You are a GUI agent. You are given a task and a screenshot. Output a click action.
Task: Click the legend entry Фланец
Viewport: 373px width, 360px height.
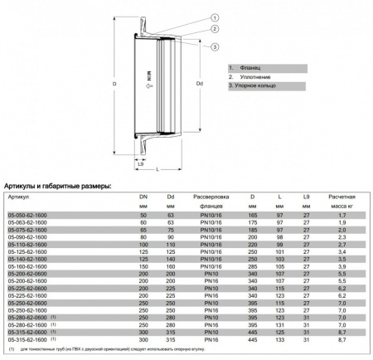(248, 68)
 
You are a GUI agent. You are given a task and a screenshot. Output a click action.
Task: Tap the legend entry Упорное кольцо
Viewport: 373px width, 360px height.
(260, 86)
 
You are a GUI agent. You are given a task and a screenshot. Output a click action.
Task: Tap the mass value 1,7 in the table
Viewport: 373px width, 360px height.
(342, 215)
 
